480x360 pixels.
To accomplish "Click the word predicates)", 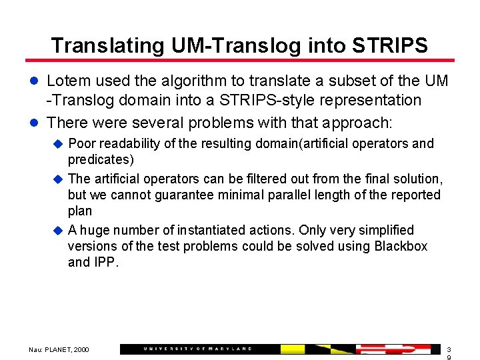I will pyautogui.click(x=101, y=160).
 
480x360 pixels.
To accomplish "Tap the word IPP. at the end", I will pyautogui.click(x=105, y=262).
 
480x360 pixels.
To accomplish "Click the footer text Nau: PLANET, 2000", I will pyautogui.click(x=59, y=349).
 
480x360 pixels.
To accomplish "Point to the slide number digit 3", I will pyautogui.click(x=449, y=349).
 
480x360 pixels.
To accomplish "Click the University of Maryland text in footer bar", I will pyautogui.click(x=198, y=349).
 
